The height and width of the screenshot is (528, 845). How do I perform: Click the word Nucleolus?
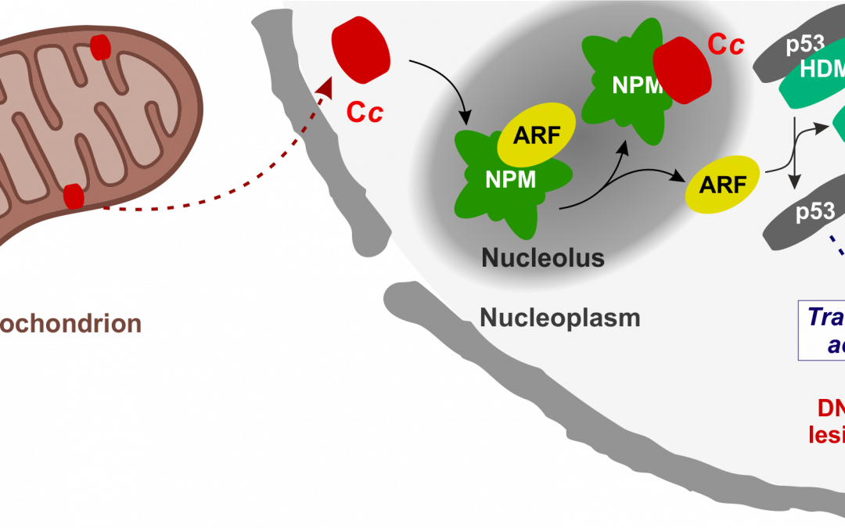tap(542, 257)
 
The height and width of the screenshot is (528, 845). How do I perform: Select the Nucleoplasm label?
tap(559, 318)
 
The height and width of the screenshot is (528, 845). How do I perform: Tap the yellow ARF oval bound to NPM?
tap(536, 135)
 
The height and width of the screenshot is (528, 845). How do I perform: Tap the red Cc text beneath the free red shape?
tap(365, 112)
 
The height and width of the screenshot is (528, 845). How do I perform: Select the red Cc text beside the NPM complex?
tap(725, 45)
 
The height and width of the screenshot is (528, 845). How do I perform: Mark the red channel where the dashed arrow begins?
tap(74, 196)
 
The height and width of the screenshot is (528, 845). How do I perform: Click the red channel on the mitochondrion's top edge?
tap(101, 46)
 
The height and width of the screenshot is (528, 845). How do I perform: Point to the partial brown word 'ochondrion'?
tap(70, 323)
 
